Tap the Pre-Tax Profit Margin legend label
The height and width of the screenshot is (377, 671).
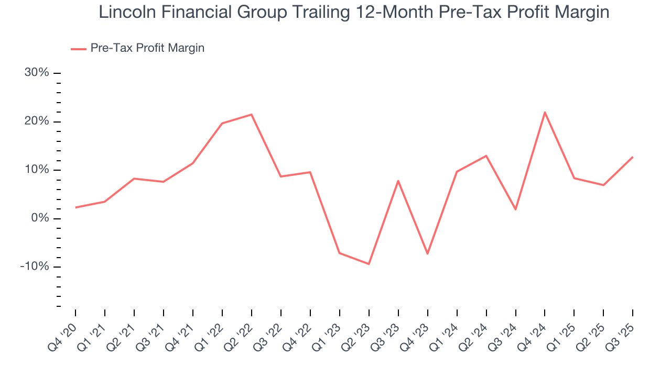147,48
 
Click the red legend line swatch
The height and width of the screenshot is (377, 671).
78,49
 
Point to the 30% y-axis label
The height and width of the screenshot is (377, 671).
37,73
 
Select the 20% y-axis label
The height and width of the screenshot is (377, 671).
37,121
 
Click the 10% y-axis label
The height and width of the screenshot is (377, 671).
37,170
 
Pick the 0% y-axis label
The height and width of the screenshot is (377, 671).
40,218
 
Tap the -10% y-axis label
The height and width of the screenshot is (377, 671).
35,267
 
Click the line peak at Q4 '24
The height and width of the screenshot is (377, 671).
545,112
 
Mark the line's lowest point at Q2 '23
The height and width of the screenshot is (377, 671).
369,264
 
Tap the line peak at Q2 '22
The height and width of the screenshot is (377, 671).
252,115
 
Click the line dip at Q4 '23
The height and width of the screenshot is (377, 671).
427,254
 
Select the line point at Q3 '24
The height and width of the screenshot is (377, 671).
515,209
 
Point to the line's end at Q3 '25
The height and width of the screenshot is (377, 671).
633,157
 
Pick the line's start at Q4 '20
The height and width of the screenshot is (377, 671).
75,207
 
